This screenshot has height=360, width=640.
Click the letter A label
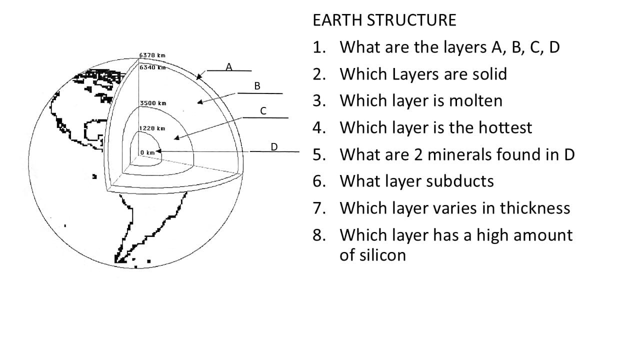click(x=229, y=66)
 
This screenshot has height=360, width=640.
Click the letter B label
click(x=257, y=86)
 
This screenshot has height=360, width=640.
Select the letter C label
click(x=263, y=110)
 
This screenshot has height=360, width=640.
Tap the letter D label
click(x=274, y=146)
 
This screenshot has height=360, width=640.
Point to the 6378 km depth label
click(x=152, y=55)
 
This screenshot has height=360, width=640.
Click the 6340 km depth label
click(x=152, y=67)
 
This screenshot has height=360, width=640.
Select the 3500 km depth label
click(x=152, y=103)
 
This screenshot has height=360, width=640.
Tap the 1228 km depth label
click(x=151, y=128)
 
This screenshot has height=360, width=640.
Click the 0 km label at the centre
click(x=147, y=152)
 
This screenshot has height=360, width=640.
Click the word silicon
click(x=372, y=255)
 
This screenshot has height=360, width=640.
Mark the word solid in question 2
click(x=489, y=74)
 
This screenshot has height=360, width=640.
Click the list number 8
click(x=318, y=235)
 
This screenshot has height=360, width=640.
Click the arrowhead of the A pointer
click(x=198, y=77)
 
